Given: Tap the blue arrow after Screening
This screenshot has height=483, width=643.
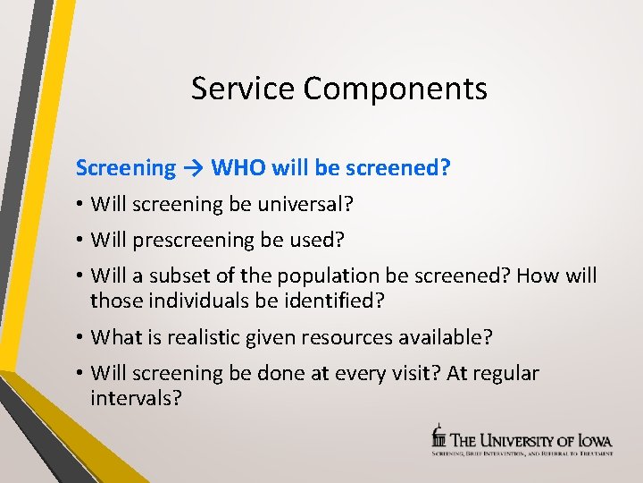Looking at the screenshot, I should click(194, 168).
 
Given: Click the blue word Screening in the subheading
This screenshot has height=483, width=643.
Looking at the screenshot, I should click(126, 168).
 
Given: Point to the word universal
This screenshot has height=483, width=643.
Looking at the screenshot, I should click(305, 205).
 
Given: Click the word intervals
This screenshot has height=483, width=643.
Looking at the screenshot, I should click(136, 398).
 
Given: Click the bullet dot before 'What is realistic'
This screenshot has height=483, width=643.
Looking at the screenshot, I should click(80, 338).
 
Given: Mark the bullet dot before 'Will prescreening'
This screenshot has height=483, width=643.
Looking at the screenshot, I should click(80, 241).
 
